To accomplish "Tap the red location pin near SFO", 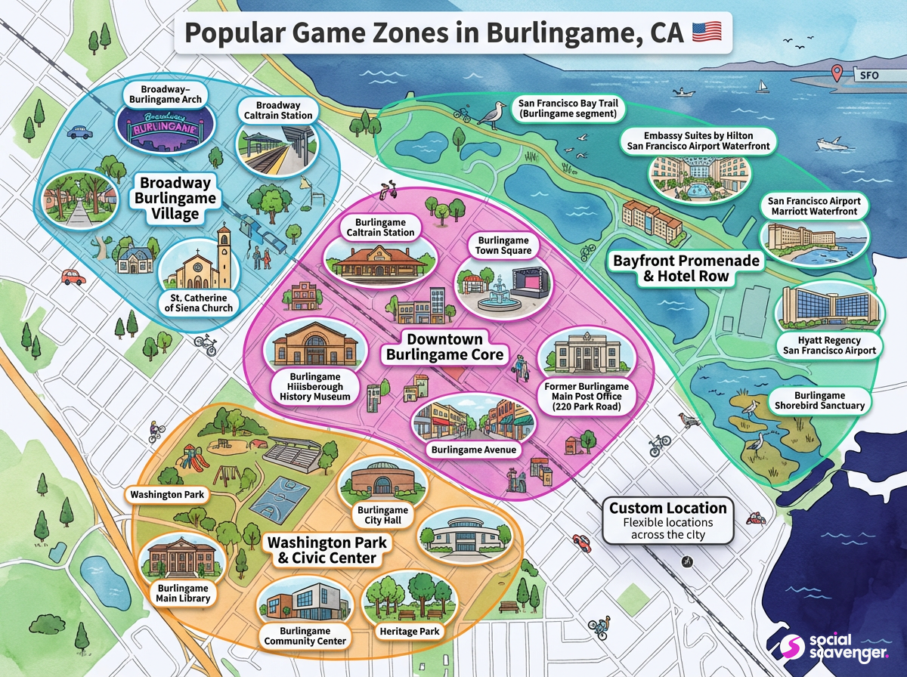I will [837, 73].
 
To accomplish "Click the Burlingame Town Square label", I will [504, 244].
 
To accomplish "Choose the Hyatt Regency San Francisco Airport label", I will [829, 345].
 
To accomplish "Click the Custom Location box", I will [668, 521].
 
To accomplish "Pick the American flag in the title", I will [707, 32].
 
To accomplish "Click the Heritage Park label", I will [409, 631].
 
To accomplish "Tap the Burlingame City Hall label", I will [383, 515].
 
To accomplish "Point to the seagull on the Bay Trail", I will [494, 115].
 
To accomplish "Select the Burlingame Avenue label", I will [473, 450].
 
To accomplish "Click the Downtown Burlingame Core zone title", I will [444, 347].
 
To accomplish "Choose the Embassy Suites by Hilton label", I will [698, 140].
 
